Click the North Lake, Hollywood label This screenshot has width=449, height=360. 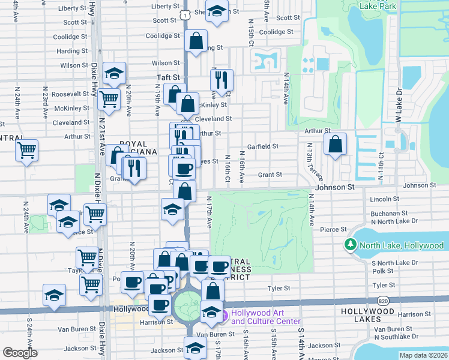coord(402,245)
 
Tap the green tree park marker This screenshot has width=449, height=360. coord(350,245)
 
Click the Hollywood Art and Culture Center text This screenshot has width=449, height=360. coord(265,316)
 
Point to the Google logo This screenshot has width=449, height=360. coord(20,353)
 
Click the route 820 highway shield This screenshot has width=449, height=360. coord(383,300)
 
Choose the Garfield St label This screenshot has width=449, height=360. coord(263,146)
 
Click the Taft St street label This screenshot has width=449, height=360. coord(169,77)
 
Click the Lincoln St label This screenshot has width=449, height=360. coord(385,199)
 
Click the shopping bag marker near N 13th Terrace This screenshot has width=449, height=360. coord(335,145)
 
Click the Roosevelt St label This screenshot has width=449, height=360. coord(70,94)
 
